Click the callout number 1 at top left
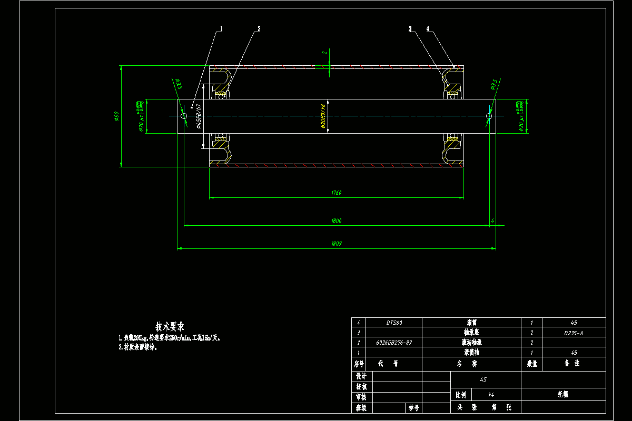tap(222, 28)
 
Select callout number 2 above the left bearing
tap(259, 28)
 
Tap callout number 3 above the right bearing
tap(410, 28)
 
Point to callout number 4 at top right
tap(428, 28)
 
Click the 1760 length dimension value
tap(336, 193)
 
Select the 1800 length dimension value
tap(336, 221)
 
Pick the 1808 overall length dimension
tap(336, 244)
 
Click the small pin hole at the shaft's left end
tap(184, 116)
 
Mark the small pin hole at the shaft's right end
tap(489, 116)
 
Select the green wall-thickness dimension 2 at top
tap(325, 52)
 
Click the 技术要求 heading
tap(170, 326)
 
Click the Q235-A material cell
tap(574, 333)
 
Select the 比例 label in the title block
tap(460, 394)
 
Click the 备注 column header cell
tap(574, 364)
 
